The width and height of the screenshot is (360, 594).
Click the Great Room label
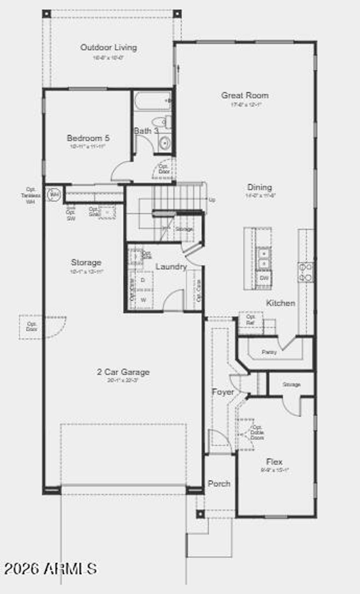click(245, 95)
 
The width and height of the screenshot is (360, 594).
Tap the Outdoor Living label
click(109, 47)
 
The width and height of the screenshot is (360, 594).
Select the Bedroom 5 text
click(88, 138)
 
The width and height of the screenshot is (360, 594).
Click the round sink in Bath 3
click(164, 143)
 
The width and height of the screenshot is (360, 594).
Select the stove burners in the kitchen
click(306, 273)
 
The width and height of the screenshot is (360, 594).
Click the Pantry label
click(269, 352)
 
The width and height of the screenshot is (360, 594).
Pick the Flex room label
click(274, 461)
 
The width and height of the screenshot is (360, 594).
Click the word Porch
click(219, 484)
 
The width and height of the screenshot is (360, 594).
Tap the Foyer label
click(223, 392)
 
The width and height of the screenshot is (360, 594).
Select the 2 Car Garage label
click(123, 372)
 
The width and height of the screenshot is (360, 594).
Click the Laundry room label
click(171, 267)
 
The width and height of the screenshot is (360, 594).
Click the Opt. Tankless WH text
click(31, 196)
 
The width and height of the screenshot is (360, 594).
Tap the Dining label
click(259, 187)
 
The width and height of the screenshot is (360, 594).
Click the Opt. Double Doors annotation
click(257, 433)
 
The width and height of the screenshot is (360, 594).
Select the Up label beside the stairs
click(212, 200)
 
